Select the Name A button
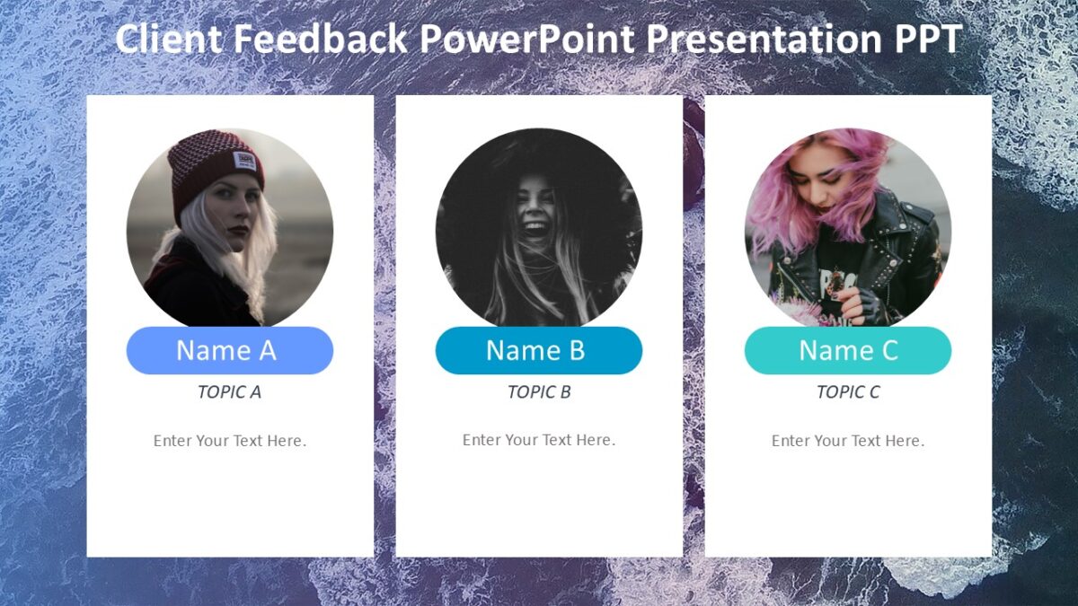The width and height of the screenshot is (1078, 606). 229,350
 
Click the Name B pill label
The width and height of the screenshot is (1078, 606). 538,350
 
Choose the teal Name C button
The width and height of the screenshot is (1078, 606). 847,350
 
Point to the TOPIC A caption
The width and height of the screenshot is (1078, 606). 229,391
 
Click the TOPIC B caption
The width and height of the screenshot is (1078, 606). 538,391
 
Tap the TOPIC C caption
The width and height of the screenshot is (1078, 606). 847,391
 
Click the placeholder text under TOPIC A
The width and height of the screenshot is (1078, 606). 229,441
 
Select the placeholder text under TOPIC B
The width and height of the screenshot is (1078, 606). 538,440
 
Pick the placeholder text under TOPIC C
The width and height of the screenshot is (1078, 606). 847,441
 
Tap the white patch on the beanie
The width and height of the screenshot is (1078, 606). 244,162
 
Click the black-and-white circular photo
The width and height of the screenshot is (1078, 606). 538,227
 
